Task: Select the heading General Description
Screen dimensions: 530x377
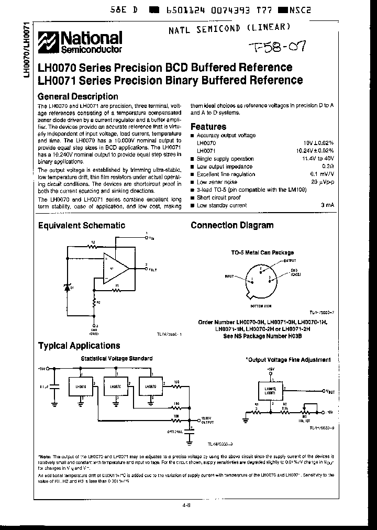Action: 78,96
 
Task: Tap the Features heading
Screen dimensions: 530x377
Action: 208,127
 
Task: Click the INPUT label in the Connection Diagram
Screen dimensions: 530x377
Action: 230,275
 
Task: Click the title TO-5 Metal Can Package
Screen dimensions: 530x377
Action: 262,252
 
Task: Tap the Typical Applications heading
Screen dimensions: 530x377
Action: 79,346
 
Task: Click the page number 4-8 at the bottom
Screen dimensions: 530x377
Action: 187,506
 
